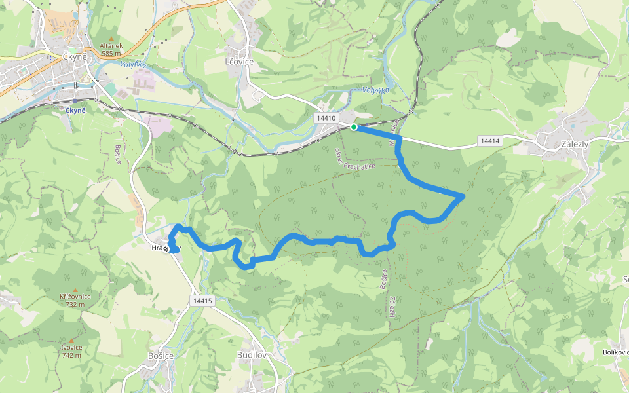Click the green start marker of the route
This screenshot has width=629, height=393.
pos(354,127)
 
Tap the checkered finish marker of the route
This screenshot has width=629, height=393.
pos(166,249)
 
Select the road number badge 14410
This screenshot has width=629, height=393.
pos(325,118)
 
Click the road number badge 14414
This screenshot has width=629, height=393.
pos(489,141)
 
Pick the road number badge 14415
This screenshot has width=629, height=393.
pos(203,301)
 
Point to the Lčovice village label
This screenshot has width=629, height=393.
pos(239,61)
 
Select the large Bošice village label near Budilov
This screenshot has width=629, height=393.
pos(161,355)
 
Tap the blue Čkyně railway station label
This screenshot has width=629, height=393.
pos(76,109)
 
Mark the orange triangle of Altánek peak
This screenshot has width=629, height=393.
pos(111,38)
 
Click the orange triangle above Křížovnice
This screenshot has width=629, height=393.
pos(75,290)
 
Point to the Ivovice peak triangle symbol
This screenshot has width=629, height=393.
pos(71,341)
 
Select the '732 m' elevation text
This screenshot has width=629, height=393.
pos(75,304)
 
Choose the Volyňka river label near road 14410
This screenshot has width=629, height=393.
pos(375,90)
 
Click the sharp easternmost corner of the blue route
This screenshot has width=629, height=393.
pos(464,196)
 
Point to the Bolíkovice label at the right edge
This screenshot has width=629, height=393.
pos(616,352)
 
